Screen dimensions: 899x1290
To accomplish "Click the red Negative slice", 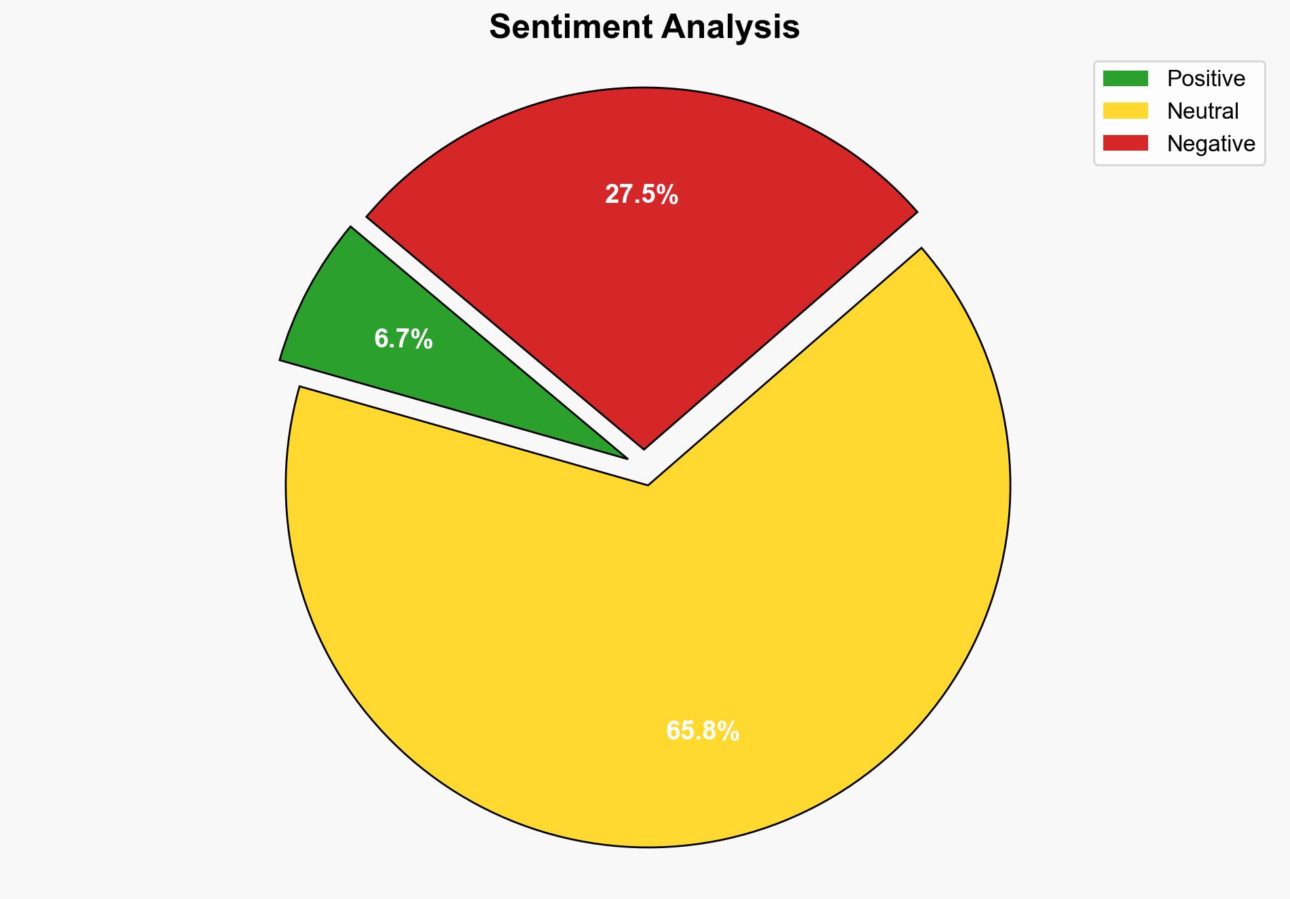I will pyautogui.click(x=642, y=271).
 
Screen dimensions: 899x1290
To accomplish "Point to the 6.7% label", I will pyautogui.click(x=403, y=339).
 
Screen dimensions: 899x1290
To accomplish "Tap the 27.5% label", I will pyautogui.click(x=642, y=195).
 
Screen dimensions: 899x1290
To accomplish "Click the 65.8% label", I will pyautogui.click(x=703, y=731).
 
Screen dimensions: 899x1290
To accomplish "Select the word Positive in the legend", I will pyautogui.click(x=1206, y=79).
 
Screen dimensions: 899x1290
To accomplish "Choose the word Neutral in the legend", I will pyautogui.click(x=1202, y=111).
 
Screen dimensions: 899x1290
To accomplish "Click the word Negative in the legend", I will pyautogui.click(x=1211, y=144).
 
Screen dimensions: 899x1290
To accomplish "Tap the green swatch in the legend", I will pyautogui.click(x=1125, y=79).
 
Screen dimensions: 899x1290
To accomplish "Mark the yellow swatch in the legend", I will pyautogui.click(x=1125, y=111).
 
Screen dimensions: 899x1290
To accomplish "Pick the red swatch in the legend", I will pyautogui.click(x=1125, y=143).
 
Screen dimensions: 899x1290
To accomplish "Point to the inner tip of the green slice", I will pyautogui.click(x=625, y=458).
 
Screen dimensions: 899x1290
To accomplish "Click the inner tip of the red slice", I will pyautogui.click(x=644, y=448).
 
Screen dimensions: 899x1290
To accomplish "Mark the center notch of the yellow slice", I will pyautogui.click(x=648, y=484).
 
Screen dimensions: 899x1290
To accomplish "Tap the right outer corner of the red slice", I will pyautogui.click(x=917, y=212).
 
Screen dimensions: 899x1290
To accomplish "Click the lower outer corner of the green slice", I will pyautogui.click(x=281, y=360).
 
